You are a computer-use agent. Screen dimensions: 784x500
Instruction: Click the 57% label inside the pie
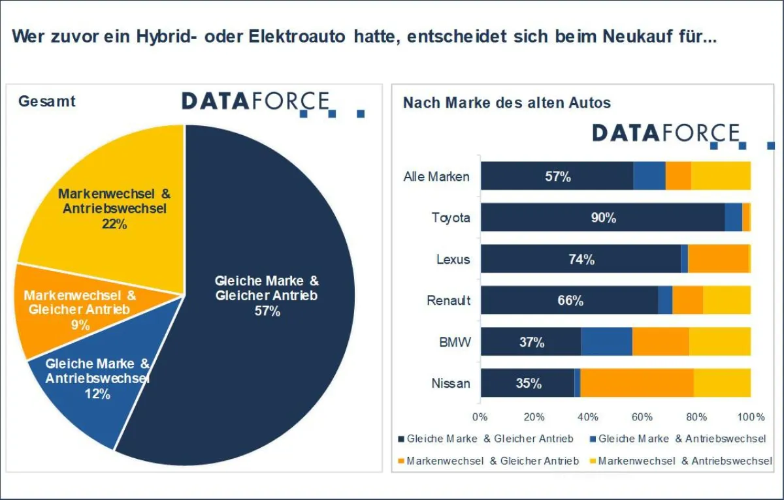[x=267, y=311]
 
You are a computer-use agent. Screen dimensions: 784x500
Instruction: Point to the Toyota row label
[x=451, y=217]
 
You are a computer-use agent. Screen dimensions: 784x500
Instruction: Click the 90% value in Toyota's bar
[x=604, y=218]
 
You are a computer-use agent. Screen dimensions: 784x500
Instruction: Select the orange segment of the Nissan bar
[x=636, y=383]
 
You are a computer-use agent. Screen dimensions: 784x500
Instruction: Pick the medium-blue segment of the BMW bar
[x=606, y=341]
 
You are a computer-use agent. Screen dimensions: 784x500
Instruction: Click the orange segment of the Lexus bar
[x=718, y=258]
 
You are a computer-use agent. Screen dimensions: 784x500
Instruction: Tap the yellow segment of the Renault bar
[x=727, y=300]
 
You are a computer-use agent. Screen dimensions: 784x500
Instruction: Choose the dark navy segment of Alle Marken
[x=557, y=176]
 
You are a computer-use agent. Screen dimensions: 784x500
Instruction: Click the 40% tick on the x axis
[x=587, y=417]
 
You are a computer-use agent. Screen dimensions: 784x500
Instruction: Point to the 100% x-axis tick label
[x=751, y=417]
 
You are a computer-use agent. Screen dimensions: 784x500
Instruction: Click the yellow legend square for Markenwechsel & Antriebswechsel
[x=593, y=461]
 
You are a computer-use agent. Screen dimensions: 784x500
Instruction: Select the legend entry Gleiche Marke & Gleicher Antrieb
[x=486, y=439]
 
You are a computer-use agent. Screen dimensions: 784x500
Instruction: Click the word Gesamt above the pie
[x=47, y=101]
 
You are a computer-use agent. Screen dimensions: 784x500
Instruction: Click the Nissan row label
[x=451, y=383]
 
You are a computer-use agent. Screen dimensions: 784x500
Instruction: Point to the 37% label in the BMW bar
[x=532, y=342]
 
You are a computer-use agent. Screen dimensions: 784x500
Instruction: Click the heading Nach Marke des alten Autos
[x=507, y=102]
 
